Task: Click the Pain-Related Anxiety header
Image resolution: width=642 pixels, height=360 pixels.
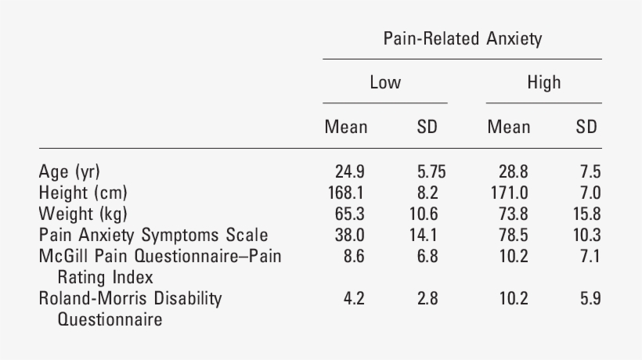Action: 462,39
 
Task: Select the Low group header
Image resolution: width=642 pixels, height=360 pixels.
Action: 385,83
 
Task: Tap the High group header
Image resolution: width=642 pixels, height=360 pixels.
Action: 543,83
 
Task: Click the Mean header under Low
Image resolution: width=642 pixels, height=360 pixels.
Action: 346,127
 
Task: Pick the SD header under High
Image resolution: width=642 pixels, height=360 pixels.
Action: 586,127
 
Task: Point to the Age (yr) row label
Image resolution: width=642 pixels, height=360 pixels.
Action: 70,171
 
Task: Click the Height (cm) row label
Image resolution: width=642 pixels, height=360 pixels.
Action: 83,193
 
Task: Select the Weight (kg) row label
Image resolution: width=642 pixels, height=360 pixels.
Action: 83,214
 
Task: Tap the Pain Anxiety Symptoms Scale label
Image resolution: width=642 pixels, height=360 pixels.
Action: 153,235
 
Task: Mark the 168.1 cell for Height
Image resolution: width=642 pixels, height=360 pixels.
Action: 347,193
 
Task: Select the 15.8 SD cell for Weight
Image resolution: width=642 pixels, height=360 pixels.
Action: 586,214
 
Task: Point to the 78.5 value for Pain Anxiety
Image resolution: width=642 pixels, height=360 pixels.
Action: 512,235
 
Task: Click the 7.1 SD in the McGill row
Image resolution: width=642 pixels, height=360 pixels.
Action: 590,256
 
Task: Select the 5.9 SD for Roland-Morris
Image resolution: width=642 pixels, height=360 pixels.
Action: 590,298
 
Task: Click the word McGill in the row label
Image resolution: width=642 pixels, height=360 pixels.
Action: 60,256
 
